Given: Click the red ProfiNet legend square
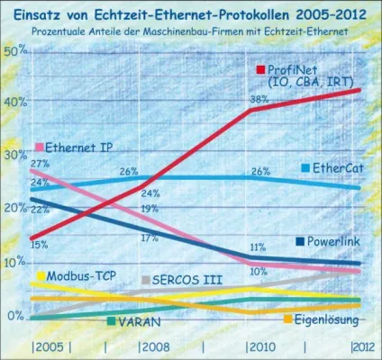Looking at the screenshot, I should [x=260, y=69].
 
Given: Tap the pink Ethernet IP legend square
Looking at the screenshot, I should [x=40, y=147].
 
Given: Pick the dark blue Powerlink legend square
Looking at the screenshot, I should [x=299, y=241].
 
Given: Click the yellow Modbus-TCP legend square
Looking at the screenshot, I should [x=41, y=275].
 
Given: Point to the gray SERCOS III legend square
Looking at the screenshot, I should [x=146, y=280].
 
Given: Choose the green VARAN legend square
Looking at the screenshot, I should [x=110, y=321].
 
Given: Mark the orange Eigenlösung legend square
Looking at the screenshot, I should [x=287, y=319].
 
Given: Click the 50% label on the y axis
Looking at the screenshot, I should [x=16, y=50].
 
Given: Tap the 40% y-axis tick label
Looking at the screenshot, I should [x=16, y=102].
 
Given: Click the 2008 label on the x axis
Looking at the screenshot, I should [x=156, y=346].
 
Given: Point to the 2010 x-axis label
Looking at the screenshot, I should [x=261, y=346].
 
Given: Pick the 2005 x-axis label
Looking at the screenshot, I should [x=48, y=346].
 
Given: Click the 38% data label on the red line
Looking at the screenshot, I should [x=259, y=100].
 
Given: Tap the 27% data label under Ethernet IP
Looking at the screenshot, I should [x=40, y=164].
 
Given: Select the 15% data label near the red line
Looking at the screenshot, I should [x=39, y=244].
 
